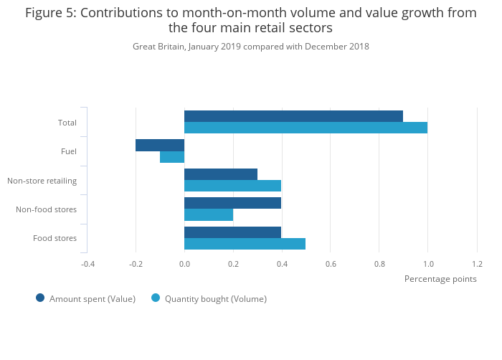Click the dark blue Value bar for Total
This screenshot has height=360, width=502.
(293, 116)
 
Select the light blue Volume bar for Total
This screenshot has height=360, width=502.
(306, 128)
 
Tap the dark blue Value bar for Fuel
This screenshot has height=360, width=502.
(160, 145)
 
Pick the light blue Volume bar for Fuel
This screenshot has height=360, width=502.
(172, 157)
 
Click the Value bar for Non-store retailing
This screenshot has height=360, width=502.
(221, 174)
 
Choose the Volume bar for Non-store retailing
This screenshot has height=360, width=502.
(232, 186)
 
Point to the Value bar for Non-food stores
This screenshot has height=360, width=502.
(232, 203)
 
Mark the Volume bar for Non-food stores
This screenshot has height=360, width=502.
(209, 215)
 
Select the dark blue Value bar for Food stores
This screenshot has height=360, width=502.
(232, 232)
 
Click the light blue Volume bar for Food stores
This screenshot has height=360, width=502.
(245, 244)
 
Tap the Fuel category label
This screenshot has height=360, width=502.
(69, 151)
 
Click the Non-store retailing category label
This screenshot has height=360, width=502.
(42, 181)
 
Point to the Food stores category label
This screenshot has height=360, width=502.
(55, 238)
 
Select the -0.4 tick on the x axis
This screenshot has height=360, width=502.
(87, 264)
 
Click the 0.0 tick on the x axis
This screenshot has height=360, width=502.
(184, 264)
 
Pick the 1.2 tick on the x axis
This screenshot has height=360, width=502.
(477, 264)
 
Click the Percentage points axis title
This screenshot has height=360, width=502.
(440, 279)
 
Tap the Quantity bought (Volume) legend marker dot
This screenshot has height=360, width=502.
(156, 298)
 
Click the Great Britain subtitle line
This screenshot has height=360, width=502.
(251, 47)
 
